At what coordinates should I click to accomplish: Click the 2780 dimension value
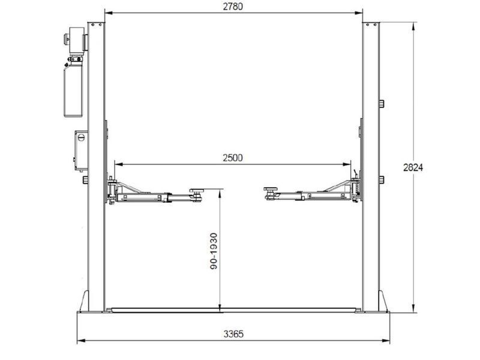click(x=233, y=7)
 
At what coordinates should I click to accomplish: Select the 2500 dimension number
click(x=233, y=158)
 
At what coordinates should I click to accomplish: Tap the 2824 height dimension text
click(x=413, y=168)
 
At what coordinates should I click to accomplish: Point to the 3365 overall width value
click(x=233, y=334)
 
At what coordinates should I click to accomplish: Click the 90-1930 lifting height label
click(x=214, y=251)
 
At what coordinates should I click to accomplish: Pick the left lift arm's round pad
click(x=197, y=190)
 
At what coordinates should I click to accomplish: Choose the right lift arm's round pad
click(x=271, y=189)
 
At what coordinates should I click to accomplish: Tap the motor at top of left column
click(x=76, y=40)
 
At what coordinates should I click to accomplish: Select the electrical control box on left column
click(x=81, y=151)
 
